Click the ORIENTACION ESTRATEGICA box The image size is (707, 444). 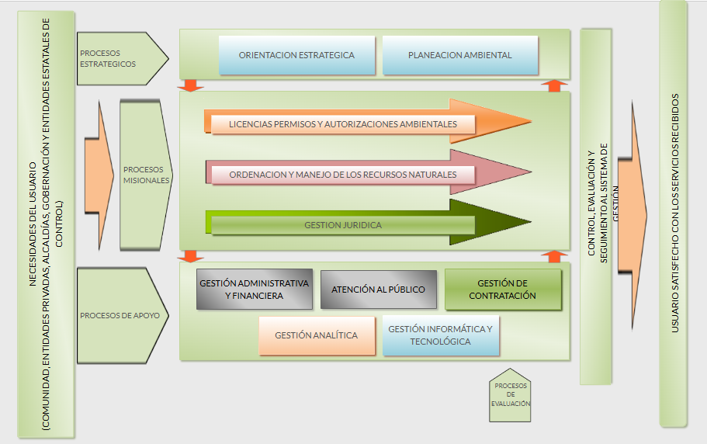(x=296, y=55)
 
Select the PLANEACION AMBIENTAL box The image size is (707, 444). (x=459, y=55)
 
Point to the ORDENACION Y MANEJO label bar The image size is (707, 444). (x=342, y=175)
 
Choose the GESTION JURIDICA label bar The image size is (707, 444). (x=342, y=225)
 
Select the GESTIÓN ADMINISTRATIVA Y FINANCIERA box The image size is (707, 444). (x=254, y=290)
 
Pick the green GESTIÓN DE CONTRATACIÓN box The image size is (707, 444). (x=502, y=290)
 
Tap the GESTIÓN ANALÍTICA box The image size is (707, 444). (x=317, y=335)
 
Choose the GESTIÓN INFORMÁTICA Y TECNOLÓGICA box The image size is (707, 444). (x=440, y=335)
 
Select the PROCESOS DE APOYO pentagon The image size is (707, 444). (x=120, y=315)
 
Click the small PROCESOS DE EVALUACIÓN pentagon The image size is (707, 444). (x=511, y=396)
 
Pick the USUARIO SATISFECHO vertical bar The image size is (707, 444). (x=674, y=213)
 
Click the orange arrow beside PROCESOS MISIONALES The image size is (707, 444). (x=99, y=175)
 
